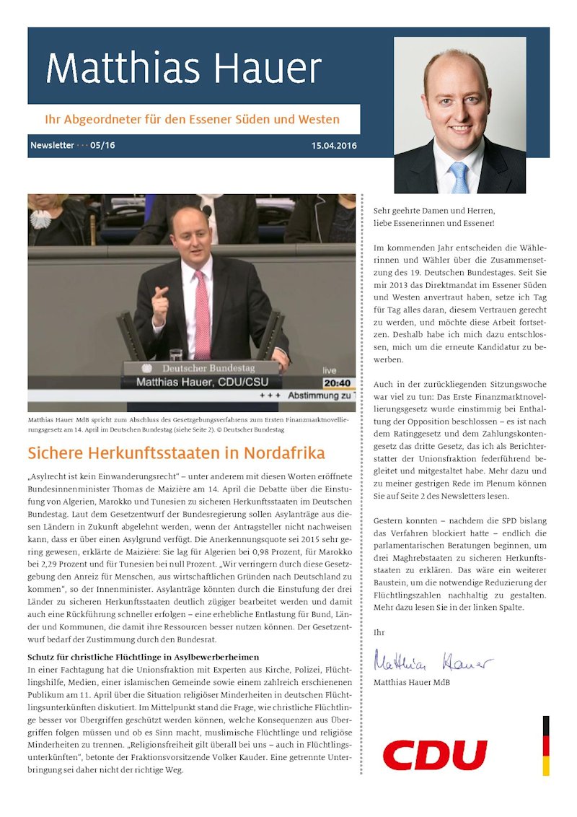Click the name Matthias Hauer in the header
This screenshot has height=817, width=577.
point(184,69)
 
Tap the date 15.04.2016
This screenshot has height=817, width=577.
point(333,146)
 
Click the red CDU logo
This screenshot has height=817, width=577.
point(434,755)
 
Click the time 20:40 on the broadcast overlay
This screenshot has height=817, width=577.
point(338,383)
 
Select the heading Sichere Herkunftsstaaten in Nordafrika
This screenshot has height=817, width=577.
point(176,453)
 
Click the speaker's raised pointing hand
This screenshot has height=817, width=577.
point(160,303)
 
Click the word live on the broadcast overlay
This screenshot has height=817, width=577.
point(329,370)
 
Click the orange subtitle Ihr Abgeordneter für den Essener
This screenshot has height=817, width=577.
point(193,119)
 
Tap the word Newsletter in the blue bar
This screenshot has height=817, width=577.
point(52,146)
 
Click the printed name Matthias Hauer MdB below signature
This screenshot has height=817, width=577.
point(409,681)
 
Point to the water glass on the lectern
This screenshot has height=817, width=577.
point(176,354)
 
